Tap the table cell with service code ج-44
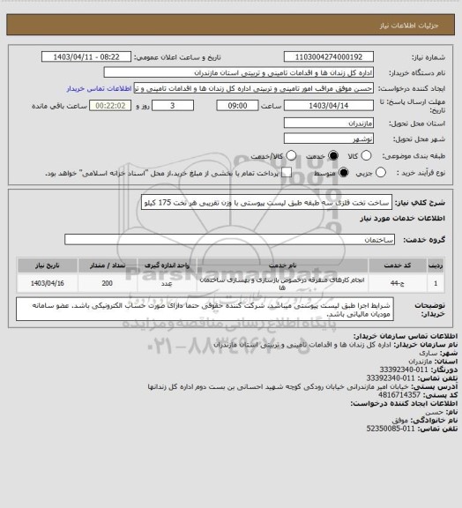coord(405,283)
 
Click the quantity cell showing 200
coord(107,283)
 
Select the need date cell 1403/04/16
coord(42,283)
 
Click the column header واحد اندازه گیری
coord(167,264)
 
